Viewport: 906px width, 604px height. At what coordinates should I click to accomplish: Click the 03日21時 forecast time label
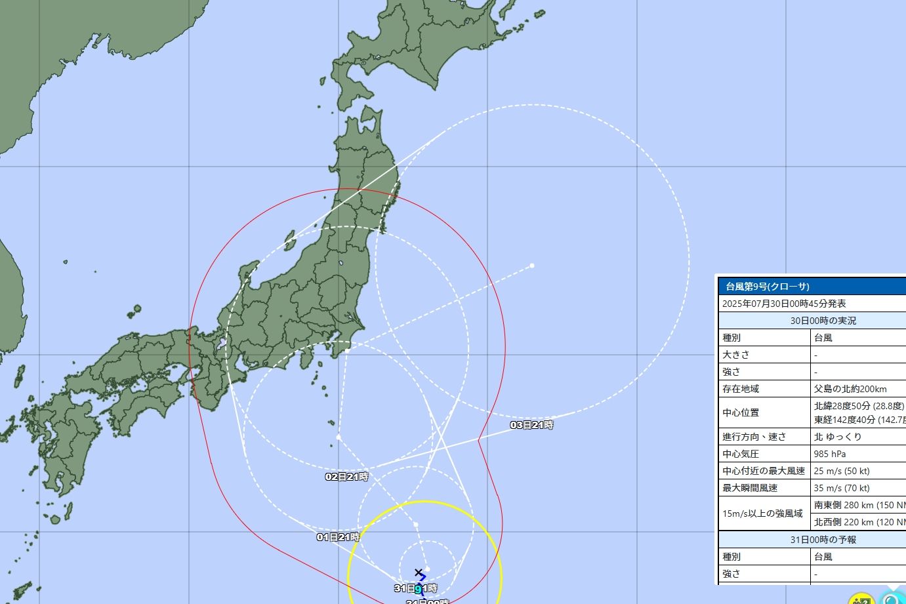(532, 425)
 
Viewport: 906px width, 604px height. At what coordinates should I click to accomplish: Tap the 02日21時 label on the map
(347, 477)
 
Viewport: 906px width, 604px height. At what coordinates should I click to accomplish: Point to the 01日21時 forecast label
(338, 537)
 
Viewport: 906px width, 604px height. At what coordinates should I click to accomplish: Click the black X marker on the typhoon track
(419, 573)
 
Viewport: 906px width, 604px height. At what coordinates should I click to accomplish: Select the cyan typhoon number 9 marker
(418, 589)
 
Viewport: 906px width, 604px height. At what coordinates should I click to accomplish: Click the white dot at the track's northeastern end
(532, 266)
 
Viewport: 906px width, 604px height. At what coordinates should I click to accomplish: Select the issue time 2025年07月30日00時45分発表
(784, 304)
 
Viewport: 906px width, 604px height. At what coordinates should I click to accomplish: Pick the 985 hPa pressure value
(830, 454)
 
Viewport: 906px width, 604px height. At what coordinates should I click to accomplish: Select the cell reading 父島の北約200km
(850, 389)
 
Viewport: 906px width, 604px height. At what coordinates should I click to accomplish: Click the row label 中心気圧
(741, 454)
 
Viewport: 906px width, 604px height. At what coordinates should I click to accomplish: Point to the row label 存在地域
(741, 389)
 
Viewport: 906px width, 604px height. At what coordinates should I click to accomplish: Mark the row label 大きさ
(736, 355)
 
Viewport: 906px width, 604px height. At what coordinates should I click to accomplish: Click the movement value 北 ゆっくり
(838, 437)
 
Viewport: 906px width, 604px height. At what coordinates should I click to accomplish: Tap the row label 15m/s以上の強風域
(762, 513)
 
